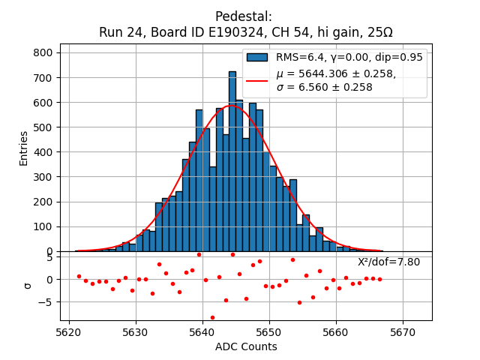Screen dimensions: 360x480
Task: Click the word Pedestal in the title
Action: point(239,16)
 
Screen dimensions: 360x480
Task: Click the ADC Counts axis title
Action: point(246,346)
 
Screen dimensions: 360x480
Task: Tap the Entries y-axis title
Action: point(24,148)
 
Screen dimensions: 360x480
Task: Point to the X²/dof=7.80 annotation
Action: point(388,262)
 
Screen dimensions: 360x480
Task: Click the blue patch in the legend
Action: point(257,57)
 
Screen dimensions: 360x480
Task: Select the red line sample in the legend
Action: point(257,80)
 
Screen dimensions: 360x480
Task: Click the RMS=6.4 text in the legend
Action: point(300,57)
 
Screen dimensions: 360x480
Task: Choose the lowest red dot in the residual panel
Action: point(212,317)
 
